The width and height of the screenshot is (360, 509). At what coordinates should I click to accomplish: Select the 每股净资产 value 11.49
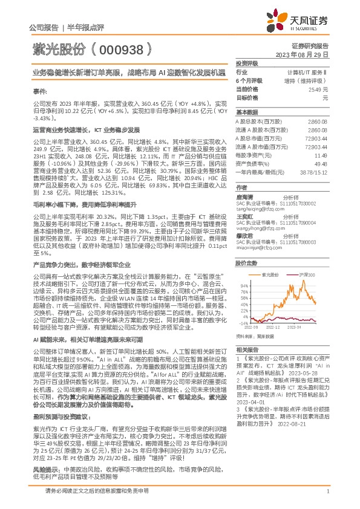321,155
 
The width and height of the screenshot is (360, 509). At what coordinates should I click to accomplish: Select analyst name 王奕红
244,215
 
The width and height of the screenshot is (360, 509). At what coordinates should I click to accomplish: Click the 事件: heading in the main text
39,91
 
